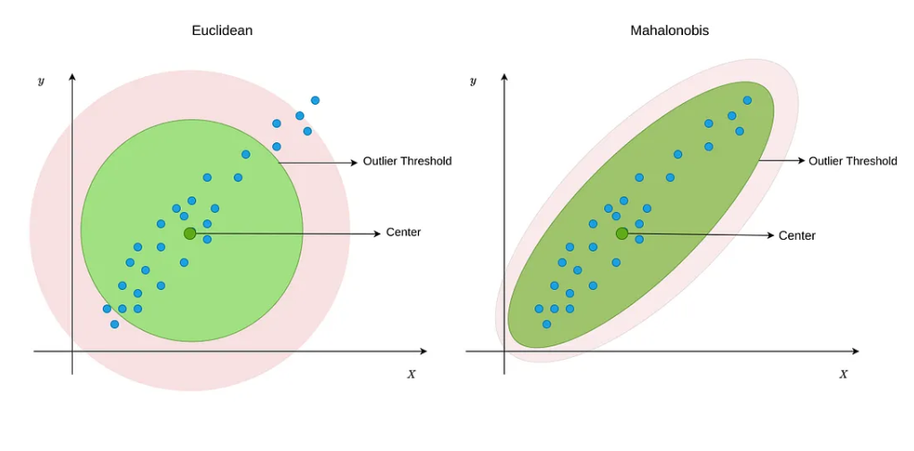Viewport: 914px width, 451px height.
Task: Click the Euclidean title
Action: coord(222,30)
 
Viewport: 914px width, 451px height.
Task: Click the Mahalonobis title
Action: coord(670,30)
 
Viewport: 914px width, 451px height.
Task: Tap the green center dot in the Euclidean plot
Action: coord(190,234)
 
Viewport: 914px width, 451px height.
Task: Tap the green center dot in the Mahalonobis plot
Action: coord(622,234)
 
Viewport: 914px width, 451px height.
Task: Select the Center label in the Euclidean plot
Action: coord(403,233)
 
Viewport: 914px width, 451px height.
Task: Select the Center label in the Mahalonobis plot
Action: coord(797,235)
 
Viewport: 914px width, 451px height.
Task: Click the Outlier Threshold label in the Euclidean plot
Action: coord(407,161)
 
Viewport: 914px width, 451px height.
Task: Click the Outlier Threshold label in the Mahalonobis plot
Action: coord(852,161)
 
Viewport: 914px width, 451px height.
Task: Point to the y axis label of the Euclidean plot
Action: coord(41,81)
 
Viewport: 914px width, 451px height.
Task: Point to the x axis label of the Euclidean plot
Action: coord(412,373)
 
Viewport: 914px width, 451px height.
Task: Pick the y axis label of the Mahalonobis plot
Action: coord(473,81)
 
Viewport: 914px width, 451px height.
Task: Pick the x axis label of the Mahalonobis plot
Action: coord(843,373)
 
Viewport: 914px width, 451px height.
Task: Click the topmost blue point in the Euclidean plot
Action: coord(315,100)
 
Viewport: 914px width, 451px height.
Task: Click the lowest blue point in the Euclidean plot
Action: coord(115,324)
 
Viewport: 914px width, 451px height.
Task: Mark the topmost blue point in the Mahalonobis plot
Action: coord(747,100)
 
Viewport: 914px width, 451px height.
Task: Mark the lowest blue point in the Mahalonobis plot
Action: coord(547,324)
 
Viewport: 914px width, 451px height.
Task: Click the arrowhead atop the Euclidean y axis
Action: coord(73,78)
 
